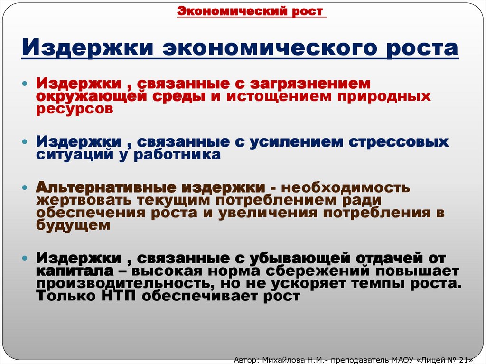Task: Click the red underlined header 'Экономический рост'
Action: (252, 11)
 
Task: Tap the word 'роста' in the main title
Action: (417, 49)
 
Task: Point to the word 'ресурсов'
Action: (75, 108)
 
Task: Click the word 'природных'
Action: (385, 96)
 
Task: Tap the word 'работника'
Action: (178, 154)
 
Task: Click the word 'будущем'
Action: (73, 225)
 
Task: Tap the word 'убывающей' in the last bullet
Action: (297, 259)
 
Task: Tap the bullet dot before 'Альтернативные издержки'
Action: (25, 188)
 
